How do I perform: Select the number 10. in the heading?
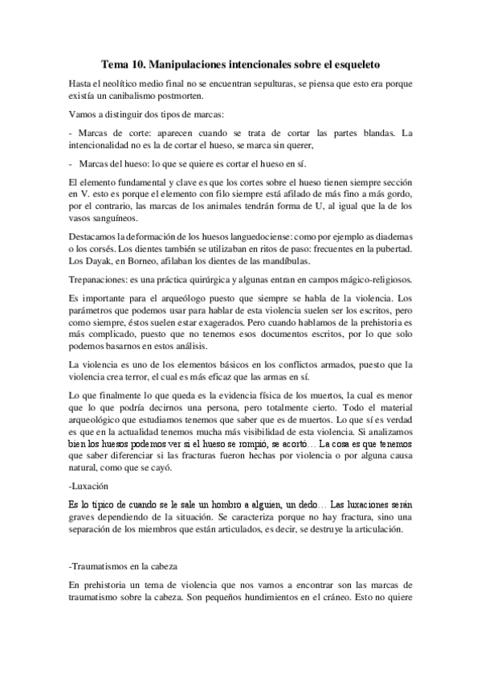tap(145, 62)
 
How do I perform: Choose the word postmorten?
tap(181, 97)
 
